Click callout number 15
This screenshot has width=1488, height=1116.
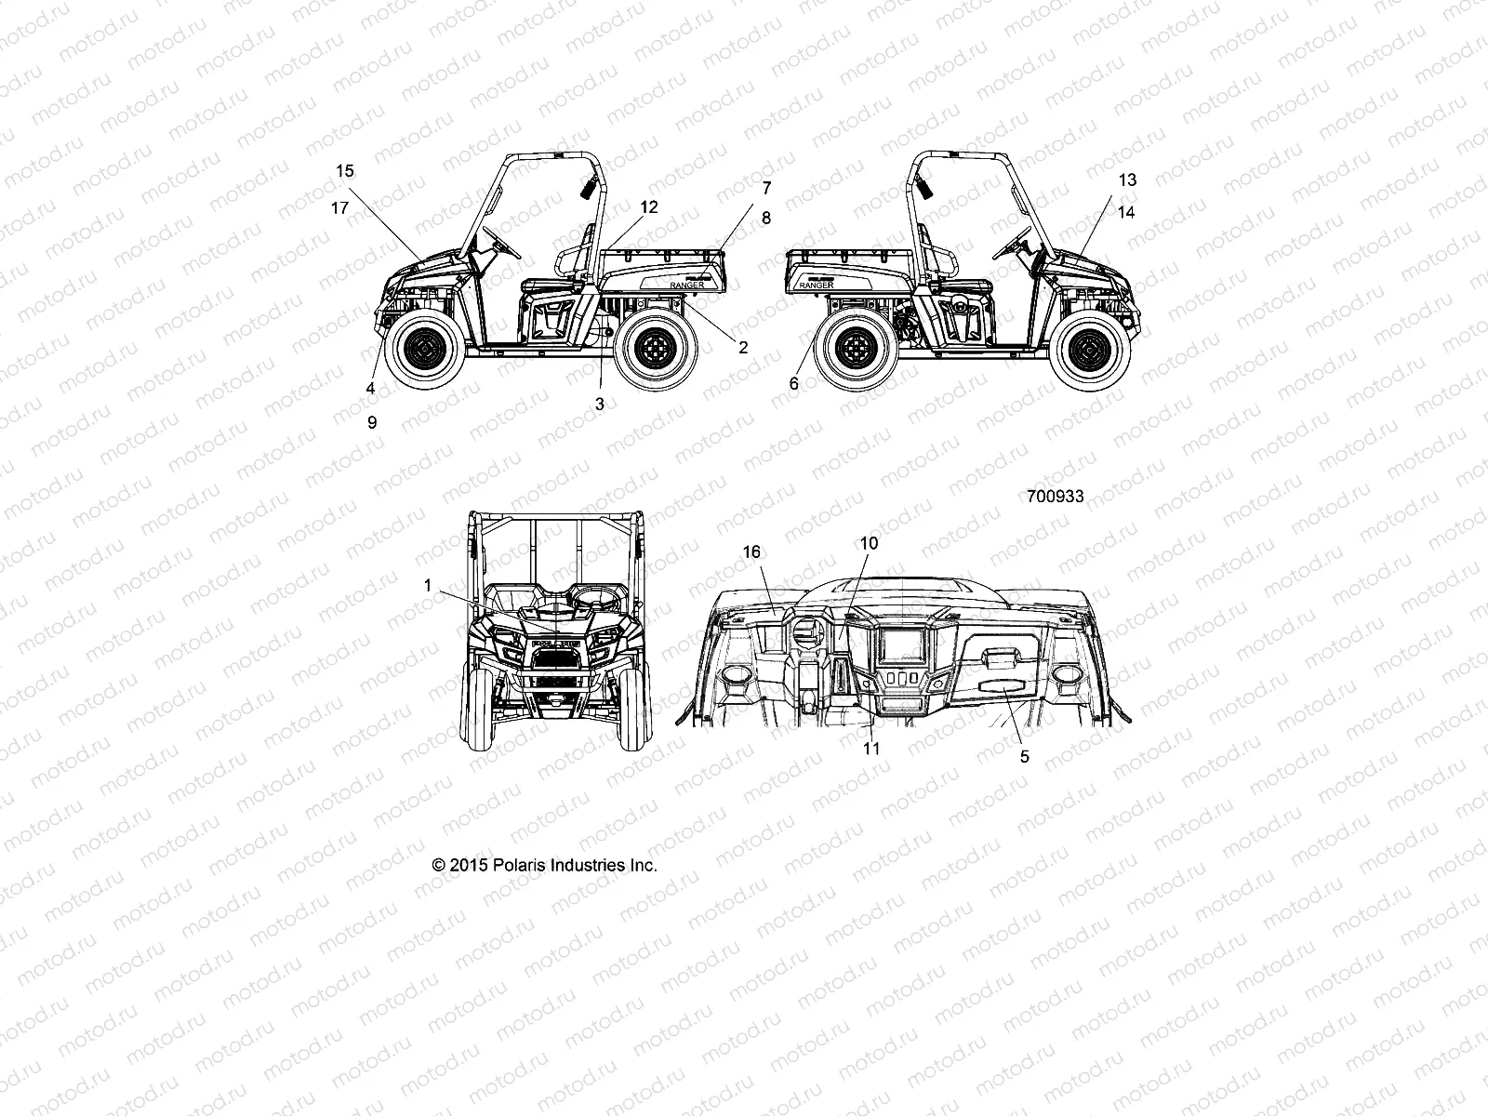(345, 171)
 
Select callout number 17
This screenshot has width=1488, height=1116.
(340, 208)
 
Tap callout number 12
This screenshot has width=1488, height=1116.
(648, 207)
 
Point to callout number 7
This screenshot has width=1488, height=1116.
(766, 188)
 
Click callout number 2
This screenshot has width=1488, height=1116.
(743, 348)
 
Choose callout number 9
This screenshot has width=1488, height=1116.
(372, 422)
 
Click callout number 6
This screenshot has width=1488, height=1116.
(793, 383)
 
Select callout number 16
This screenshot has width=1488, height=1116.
(751, 552)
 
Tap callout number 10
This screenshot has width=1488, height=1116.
(869, 542)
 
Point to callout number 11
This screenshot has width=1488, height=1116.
(871, 748)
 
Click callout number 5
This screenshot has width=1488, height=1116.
(1025, 757)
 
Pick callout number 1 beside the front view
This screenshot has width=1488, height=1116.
(427, 586)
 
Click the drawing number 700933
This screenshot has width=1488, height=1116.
(1055, 497)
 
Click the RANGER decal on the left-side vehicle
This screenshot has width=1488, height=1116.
(687, 286)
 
